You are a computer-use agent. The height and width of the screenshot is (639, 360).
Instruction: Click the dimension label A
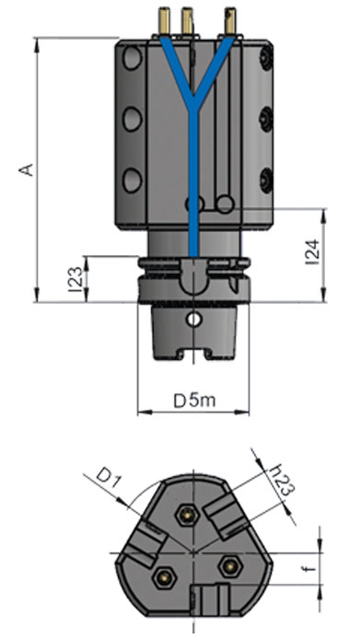pyautogui.click(x=27, y=169)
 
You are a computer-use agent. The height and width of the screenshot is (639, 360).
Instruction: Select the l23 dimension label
pyautogui.click(x=75, y=279)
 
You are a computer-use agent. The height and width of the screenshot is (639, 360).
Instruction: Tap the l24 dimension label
pyautogui.click(x=312, y=252)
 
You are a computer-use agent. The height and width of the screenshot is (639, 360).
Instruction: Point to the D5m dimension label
pyautogui.click(x=194, y=401)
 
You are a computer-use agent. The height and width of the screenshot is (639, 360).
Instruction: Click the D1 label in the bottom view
pyautogui.click(x=110, y=479)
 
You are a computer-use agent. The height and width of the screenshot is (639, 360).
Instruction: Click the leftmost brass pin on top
pyautogui.click(x=165, y=21)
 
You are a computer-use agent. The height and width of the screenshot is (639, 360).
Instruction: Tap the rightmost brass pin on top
pyautogui.click(x=230, y=21)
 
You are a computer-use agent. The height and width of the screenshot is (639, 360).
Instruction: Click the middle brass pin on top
pyautogui.click(x=187, y=21)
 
